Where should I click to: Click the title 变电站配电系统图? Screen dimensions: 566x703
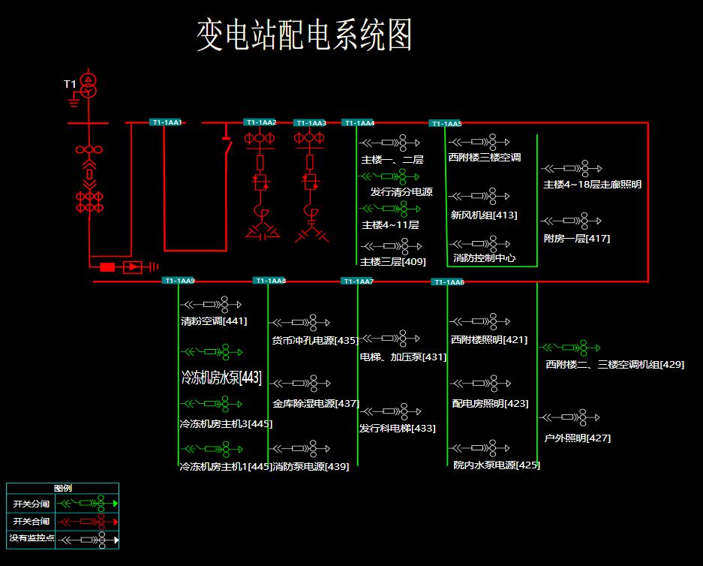pos(305,35)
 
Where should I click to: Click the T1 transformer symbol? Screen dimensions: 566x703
pos(89,86)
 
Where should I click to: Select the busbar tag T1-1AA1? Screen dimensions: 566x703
pos(167,122)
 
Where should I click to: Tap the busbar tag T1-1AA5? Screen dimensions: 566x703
pos(446,123)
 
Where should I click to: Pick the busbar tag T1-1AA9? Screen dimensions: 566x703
pos(179,281)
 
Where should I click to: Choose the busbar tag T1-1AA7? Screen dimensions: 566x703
pos(357,281)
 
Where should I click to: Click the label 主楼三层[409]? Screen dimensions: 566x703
pos(392,262)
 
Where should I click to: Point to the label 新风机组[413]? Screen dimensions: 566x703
pos(483,215)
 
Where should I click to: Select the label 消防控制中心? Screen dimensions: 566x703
pos(484,258)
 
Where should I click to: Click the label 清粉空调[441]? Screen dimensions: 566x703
pos(214,321)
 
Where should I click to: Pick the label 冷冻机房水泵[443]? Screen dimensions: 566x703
pos(221,378)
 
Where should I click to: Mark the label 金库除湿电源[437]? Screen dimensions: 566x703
pos(316,404)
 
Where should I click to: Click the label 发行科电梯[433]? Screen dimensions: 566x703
pos(397,429)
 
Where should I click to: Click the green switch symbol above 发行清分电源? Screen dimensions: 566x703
pos(390,176)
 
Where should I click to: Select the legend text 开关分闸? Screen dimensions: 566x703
pos(31,504)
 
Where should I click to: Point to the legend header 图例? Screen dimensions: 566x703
pos(62,488)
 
